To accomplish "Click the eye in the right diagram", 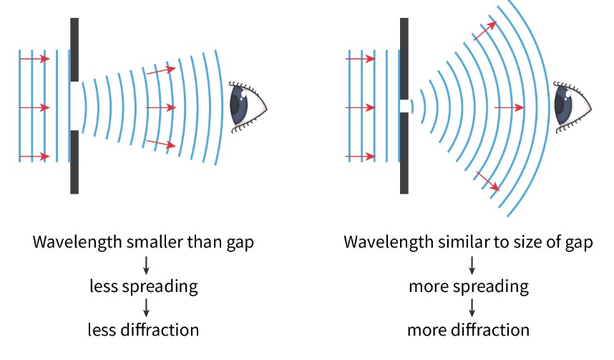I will (573, 104).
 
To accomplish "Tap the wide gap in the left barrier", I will (74, 107).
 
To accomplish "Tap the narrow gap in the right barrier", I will (404, 107).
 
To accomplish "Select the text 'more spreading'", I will (469, 287).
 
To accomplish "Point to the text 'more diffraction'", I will (469, 330).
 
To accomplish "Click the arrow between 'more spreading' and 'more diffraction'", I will (472, 308).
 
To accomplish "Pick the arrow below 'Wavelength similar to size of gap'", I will (472, 265).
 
